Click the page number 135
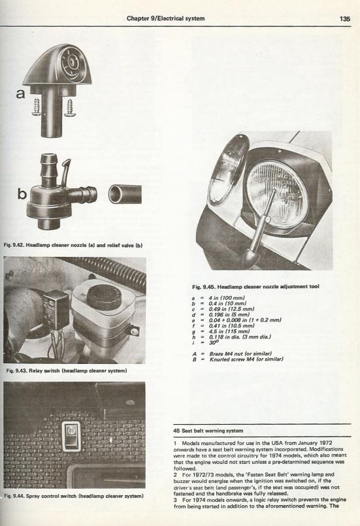[x=345, y=19]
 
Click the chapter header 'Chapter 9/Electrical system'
[x=165, y=18]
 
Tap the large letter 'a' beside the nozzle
[x=20, y=93]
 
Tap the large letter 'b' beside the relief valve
[x=22, y=193]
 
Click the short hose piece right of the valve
[x=125, y=194]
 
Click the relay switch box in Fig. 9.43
[x=56, y=308]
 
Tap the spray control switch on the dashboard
[x=71, y=436]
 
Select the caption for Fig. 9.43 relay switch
[x=67, y=370]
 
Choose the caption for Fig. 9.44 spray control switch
[x=74, y=496]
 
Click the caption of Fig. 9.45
[x=255, y=286]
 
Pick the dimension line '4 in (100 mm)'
[x=218, y=298]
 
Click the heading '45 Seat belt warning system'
[x=208, y=431]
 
